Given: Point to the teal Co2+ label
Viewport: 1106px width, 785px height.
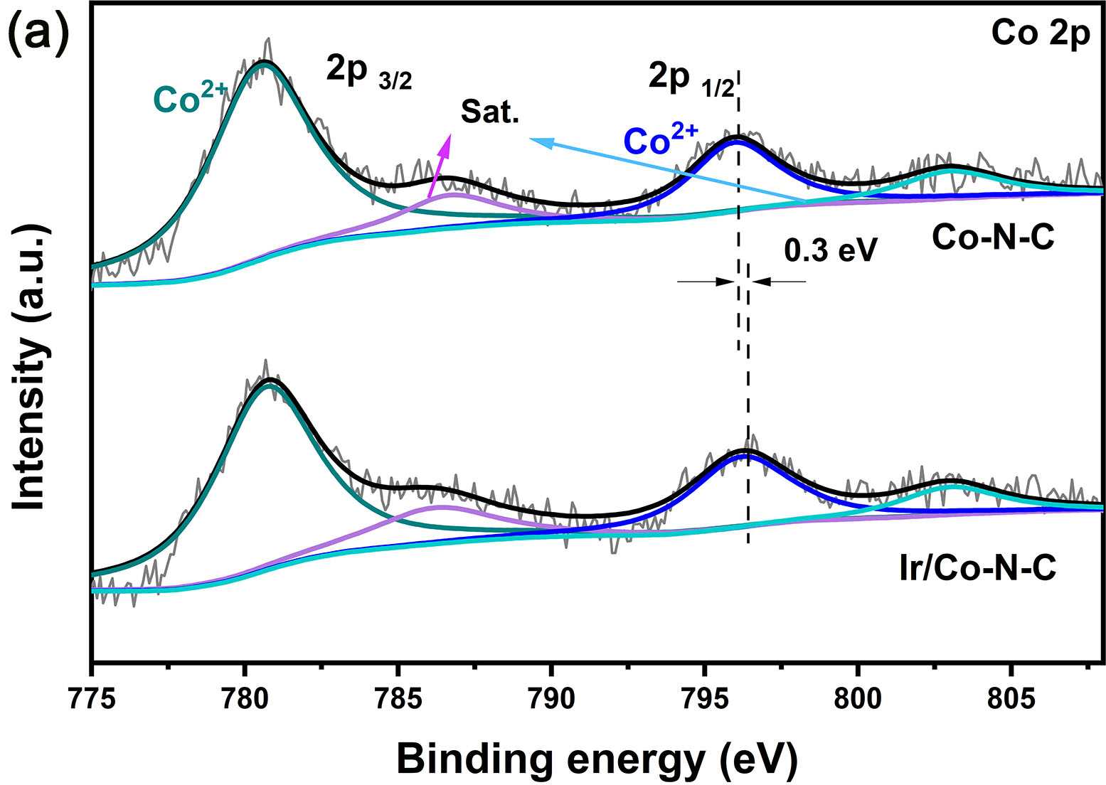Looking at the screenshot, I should click(191, 99).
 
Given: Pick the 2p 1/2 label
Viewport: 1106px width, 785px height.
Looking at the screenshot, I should click(691, 77).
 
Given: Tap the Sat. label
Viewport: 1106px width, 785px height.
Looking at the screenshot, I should click(490, 112).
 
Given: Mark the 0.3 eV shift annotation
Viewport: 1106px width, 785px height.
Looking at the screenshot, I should click(831, 250).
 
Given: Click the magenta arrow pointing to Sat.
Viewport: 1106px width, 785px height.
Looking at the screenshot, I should click(439, 165).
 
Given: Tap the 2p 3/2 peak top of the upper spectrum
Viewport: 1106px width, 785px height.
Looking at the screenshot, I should click(265, 63).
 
